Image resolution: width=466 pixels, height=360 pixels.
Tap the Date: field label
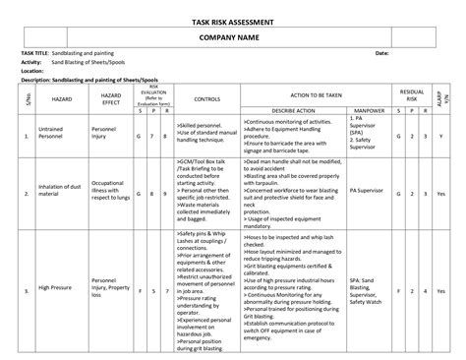(x=382, y=52)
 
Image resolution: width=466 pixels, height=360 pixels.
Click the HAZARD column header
(x=63, y=99)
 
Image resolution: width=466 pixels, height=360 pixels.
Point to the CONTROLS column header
(x=206, y=99)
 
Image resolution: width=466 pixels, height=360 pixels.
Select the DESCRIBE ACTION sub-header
(x=292, y=112)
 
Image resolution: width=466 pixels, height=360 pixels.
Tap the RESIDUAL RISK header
(x=411, y=94)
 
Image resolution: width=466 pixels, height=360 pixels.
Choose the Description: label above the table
(x=38, y=79)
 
